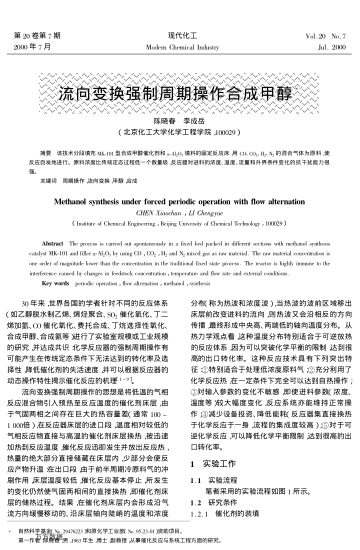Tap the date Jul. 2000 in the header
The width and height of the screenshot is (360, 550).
pyautogui.click(x=328, y=20)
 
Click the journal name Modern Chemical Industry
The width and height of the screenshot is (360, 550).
pyautogui.click(x=180, y=20)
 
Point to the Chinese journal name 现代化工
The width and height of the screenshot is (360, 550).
pyautogui.click(x=180, y=8)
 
